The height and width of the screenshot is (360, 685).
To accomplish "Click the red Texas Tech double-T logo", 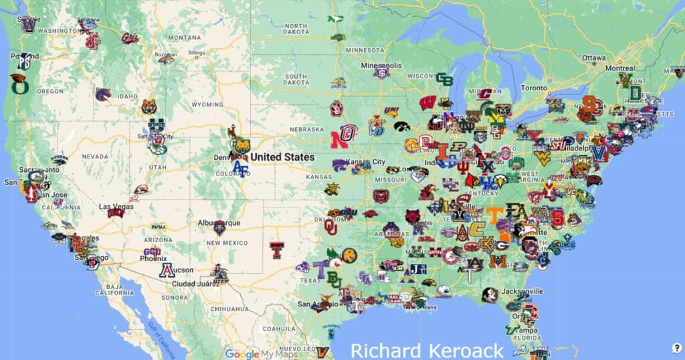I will [x=277, y=250].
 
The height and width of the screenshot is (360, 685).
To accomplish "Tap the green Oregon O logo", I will [x=18, y=86].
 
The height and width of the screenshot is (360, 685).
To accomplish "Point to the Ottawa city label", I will [x=593, y=58].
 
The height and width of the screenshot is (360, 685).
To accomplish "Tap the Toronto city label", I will [x=534, y=88].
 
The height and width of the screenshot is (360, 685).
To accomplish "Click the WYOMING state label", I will [x=207, y=105].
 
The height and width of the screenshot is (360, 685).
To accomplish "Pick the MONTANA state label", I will [x=185, y=37].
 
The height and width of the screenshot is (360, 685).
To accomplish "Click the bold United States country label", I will [x=282, y=157].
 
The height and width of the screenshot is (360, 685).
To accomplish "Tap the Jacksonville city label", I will [x=522, y=292].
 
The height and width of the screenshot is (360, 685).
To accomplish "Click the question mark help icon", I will [x=676, y=347].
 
